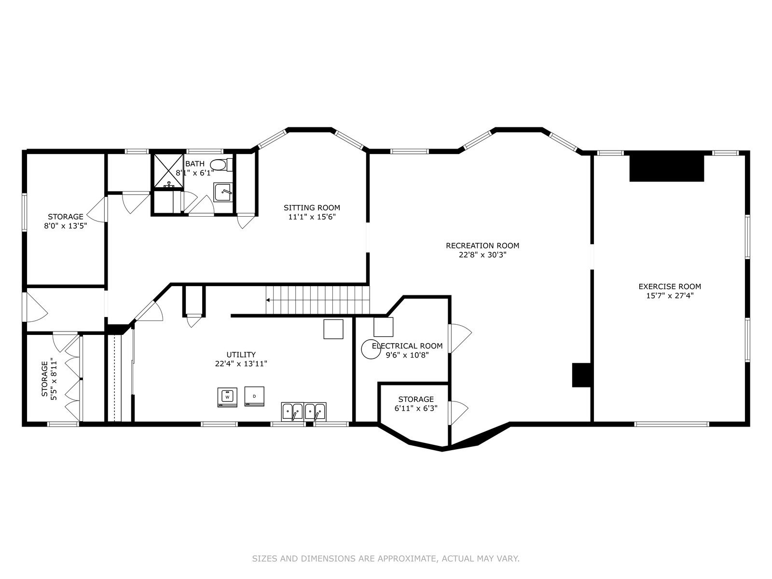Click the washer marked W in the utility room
pyautogui.click(x=227, y=397)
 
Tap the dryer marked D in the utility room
pyautogui.click(x=254, y=397)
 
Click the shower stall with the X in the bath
pyautogui.click(x=168, y=171)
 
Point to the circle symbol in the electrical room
pyautogui.click(x=371, y=349)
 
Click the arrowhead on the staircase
pyautogui.click(x=268, y=300)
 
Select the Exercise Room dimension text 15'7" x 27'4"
pyautogui.click(x=670, y=296)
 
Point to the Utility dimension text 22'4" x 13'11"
pyautogui.click(x=241, y=364)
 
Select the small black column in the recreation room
pyautogui.click(x=581, y=375)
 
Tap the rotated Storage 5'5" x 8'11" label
pyautogui.click(x=49, y=379)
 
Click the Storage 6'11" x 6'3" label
pyautogui.click(x=416, y=403)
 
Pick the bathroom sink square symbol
pyautogui.click(x=223, y=193)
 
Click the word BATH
pyautogui.click(x=195, y=164)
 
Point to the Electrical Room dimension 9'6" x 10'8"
pyautogui.click(x=407, y=355)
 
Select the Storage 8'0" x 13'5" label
pyautogui.click(x=66, y=221)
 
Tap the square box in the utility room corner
pyautogui.click(x=333, y=329)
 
